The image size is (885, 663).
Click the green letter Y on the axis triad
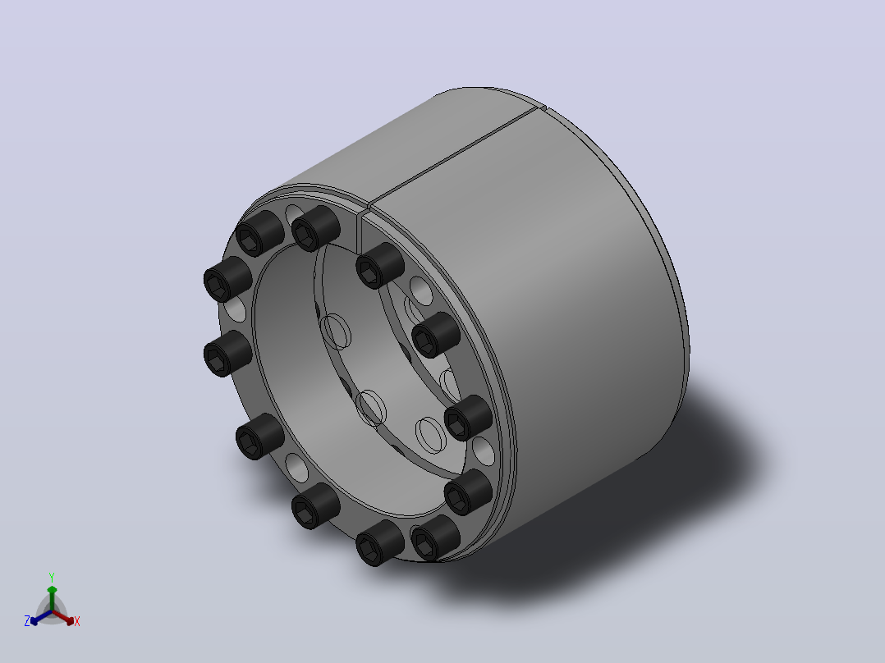(x=52, y=577)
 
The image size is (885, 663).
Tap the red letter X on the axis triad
(x=77, y=621)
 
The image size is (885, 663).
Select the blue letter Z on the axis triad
(x=26, y=621)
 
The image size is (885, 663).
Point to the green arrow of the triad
(x=52, y=597)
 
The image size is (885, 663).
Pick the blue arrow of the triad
(x=41, y=617)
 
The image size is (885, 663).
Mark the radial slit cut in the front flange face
(x=359, y=232)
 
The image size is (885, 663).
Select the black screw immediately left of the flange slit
(x=315, y=228)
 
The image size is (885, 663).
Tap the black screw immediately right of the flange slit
(x=379, y=265)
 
